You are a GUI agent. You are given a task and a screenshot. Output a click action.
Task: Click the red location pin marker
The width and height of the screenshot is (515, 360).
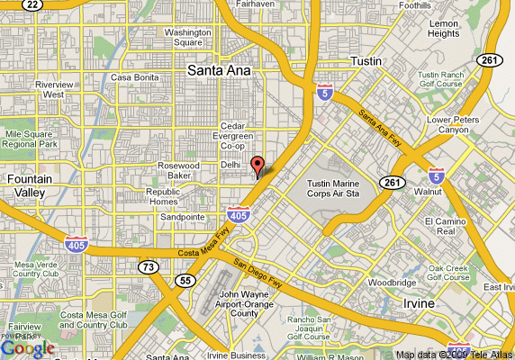(257, 166)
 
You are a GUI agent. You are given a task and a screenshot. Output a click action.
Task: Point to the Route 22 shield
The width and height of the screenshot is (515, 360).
(32, 4)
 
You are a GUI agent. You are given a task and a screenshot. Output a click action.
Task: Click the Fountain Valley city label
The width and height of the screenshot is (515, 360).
(29, 184)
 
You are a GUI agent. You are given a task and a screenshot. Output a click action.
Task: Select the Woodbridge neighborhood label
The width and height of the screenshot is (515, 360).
(392, 282)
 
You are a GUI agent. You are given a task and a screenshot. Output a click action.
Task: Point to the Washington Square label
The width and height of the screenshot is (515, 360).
(187, 37)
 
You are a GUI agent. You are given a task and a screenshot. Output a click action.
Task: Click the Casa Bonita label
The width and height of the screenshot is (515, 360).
(134, 77)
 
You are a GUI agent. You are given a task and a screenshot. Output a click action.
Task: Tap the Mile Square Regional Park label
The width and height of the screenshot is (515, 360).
(31, 139)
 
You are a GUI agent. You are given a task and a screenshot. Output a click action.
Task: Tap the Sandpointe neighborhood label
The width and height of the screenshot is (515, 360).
(182, 217)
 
